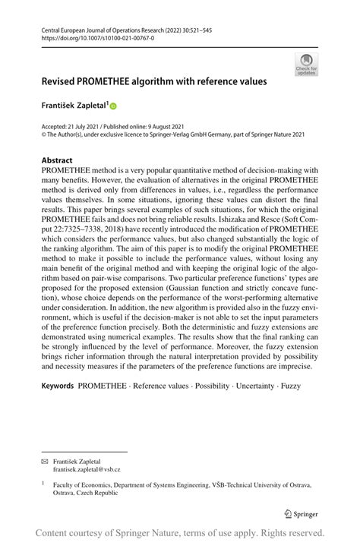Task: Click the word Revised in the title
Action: pyautogui.click(x=62, y=79)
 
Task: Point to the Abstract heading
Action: pyautogui.click(x=57, y=160)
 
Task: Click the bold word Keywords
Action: pyautogui.click(x=58, y=387)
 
